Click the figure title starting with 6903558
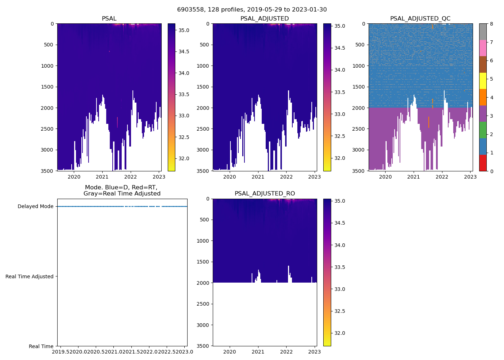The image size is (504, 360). coord(252,10)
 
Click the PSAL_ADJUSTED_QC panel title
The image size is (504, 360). coord(420,19)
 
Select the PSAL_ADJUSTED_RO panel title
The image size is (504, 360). coord(265,194)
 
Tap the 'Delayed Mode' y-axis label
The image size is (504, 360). coord(35,207)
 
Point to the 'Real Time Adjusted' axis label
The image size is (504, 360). coord(30,276)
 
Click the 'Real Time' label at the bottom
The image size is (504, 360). coord(41,346)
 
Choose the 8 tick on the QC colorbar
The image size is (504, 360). coord(491,24)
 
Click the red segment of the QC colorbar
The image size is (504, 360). coord(483,163)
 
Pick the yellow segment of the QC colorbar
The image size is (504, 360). coord(483,81)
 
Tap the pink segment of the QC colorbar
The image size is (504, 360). coord(483,48)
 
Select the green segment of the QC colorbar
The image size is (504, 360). coord(483,130)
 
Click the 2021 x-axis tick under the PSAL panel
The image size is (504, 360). coord(102,177)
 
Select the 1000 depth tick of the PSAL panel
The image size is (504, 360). coord(48,66)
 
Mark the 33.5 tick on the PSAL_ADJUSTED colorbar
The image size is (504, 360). coord(339,92)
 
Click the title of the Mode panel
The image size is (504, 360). coord(122,190)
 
